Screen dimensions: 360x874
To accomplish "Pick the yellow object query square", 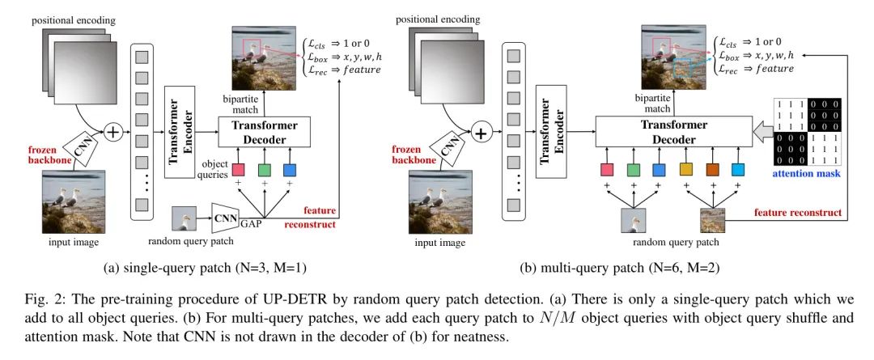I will (x=687, y=169).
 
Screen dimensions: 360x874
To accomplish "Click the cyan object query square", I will (x=737, y=169).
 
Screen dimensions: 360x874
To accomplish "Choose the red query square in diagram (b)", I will (x=607, y=169).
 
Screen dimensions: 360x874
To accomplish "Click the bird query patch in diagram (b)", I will (x=632, y=220).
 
